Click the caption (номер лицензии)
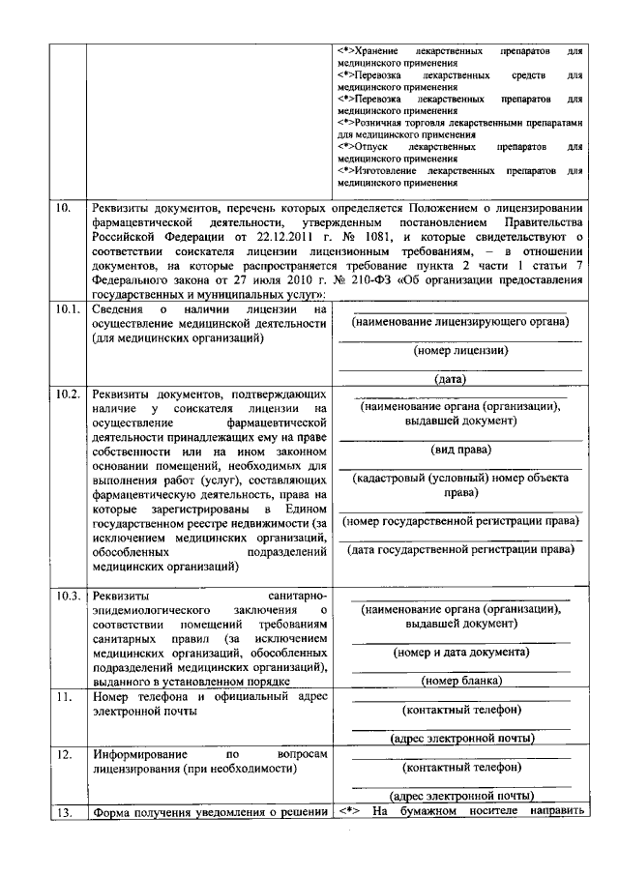pyautogui.click(x=459, y=350)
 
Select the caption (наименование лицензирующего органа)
pyautogui.click(x=459, y=321)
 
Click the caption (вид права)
pyautogui.click(x=459, y=450)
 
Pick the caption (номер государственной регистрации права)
pyautogui.click(x=459, y=521)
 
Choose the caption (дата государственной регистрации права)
pyautogui.click(x=459, y=549)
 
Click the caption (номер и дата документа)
pyautogui.click(x=459, y=653)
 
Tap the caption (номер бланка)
pyautogui.click(x=459, y=682)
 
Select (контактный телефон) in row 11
pyautogui.click(x=459, y=710)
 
